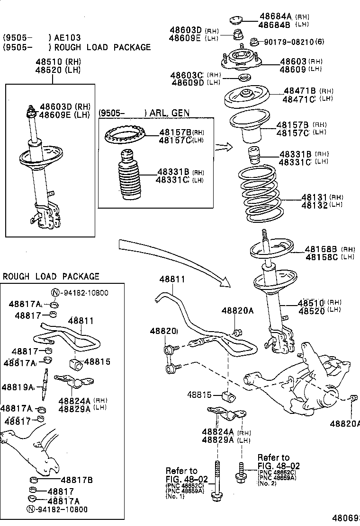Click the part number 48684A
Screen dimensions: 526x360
(x=276, y=16)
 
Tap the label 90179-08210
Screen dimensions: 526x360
(x=288, y=42)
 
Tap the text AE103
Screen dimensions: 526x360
(x=68, y=37)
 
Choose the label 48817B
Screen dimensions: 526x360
(x=76, y=480)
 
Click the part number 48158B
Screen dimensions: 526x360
(x=321, y=249)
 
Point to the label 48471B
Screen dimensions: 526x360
(x=299, y=91)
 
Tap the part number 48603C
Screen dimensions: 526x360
(x=187, y=75)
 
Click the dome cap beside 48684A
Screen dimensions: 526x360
(x=235, y=20)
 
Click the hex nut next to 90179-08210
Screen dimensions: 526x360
(x=254, y=42)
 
